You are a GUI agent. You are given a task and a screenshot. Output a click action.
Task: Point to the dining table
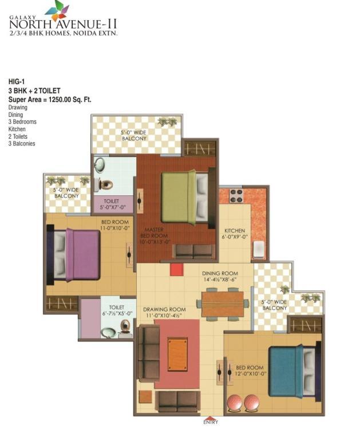[x=223, y=304]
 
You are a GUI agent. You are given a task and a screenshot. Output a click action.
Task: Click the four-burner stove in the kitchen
[x=236, y=196]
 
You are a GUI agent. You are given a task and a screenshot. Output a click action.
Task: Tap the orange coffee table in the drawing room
[x=177, y=355]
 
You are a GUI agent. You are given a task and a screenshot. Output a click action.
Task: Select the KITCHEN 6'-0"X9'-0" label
[x=235, y=234]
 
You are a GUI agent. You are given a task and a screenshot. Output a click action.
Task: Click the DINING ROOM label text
[x=220, y=273]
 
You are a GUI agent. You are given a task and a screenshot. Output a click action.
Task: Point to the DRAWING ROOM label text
[x=164, y=309]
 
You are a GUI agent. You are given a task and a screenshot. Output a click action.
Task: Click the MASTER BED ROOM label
[x=154, y=233]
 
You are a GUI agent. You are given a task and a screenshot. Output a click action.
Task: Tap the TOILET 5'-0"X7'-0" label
[x=112, y=205]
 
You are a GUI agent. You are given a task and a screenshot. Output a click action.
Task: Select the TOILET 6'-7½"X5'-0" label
[x=117, y=311]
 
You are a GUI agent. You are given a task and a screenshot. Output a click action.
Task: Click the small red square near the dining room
[x=177, y=269]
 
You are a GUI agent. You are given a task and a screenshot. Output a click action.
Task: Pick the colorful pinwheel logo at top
[x=57, y=10]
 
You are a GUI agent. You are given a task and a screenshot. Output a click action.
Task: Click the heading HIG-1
[x=17, y=82]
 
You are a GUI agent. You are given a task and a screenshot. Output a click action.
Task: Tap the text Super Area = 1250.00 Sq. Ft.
[x=50, y=99]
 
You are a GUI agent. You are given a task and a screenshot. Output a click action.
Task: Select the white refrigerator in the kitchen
[x=258, y=249]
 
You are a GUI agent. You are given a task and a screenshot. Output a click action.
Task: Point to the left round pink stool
[x=235, y=403]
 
